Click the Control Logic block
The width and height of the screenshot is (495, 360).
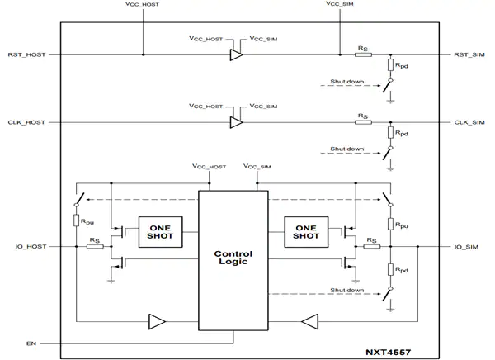233,258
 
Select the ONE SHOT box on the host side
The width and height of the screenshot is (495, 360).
160,232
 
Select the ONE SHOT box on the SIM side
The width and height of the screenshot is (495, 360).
307,232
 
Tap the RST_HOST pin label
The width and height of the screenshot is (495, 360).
28,55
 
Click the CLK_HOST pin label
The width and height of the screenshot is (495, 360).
28,122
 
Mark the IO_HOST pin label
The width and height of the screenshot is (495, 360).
31,246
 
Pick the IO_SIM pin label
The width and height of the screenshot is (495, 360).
466,246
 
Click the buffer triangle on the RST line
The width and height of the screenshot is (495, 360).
237,55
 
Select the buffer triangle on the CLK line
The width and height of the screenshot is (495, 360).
237,122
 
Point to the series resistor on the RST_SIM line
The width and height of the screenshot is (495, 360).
363,55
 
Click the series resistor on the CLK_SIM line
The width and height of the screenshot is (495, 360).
363,122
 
